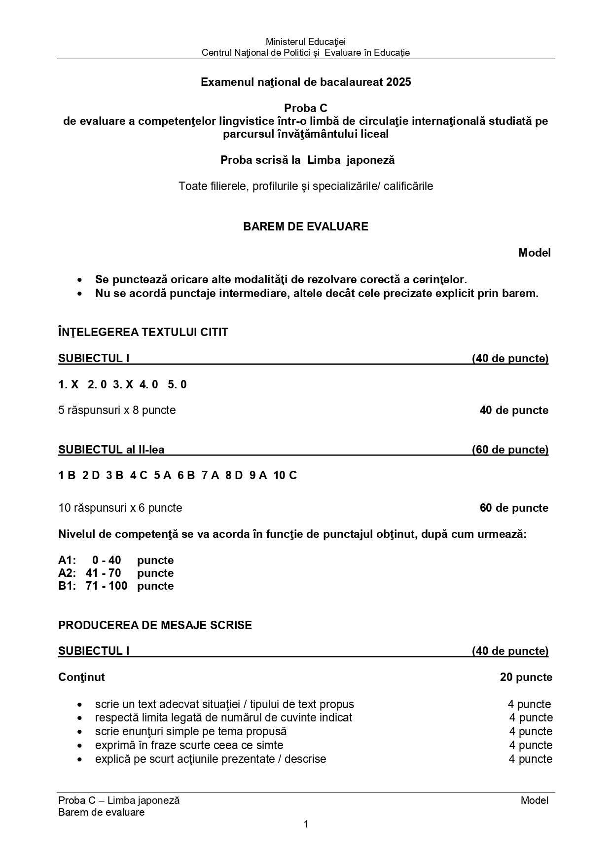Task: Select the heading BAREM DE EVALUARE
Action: (305, 226)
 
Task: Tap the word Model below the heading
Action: (534, 253)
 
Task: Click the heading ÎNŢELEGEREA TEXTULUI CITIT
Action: (143, 332)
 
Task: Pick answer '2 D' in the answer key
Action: (91, 475)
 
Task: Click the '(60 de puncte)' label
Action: (510, 450)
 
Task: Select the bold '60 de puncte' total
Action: (514, 508)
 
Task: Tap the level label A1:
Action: (67, 560)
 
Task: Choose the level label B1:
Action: (67, 586)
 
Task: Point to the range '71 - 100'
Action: (106, 586)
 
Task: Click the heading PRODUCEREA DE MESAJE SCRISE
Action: (155, 625)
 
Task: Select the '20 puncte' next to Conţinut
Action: (526, 677)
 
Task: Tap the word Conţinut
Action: (81, 677)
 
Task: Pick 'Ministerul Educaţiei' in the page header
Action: (306, 42)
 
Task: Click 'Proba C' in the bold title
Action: (305, 108)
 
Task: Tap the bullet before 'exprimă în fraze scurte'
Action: (80, 745)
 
